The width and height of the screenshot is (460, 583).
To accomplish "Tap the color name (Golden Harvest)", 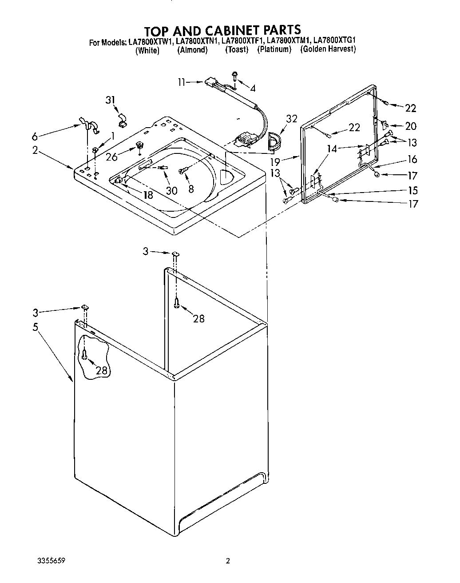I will (x=328, y=49).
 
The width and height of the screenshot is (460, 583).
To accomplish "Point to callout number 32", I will (x=291, y=119).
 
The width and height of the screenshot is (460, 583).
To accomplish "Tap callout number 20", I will (x=411, y=126).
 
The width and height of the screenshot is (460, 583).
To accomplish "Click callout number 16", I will (x=412, y=159).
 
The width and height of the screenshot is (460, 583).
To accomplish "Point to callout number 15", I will (x=412, y=190).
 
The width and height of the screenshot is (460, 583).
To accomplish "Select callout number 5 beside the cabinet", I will (x=35, y=327).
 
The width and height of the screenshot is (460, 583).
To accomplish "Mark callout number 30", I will (x=171, y=191).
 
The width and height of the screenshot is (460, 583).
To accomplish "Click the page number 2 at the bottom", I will (x=228, y=561).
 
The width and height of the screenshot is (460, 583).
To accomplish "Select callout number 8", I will (x=191, y=189).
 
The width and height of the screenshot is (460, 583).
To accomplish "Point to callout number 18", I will (x=148, y=195).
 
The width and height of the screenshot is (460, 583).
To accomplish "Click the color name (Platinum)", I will (x=274, y=50).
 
